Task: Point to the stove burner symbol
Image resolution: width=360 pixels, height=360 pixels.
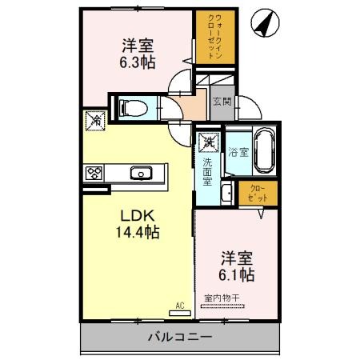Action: pos(95,172)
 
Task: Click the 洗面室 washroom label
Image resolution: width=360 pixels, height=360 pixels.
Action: pos(207,170)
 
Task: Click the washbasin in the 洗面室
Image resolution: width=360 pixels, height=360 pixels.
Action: pos(226,192)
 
